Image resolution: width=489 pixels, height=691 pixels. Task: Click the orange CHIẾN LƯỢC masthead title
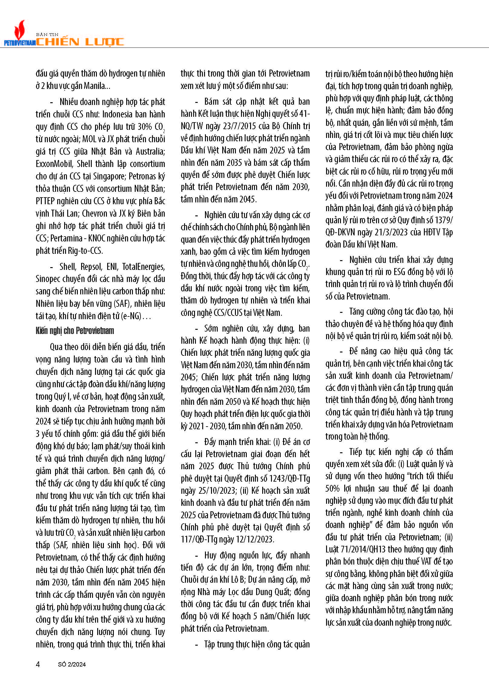tap(80, 42)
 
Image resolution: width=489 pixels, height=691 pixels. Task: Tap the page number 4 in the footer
tap(38, 664)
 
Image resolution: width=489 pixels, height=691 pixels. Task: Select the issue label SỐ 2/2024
tap(72, 664)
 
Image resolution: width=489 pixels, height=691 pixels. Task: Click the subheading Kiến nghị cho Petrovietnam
tap(75, 331)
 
